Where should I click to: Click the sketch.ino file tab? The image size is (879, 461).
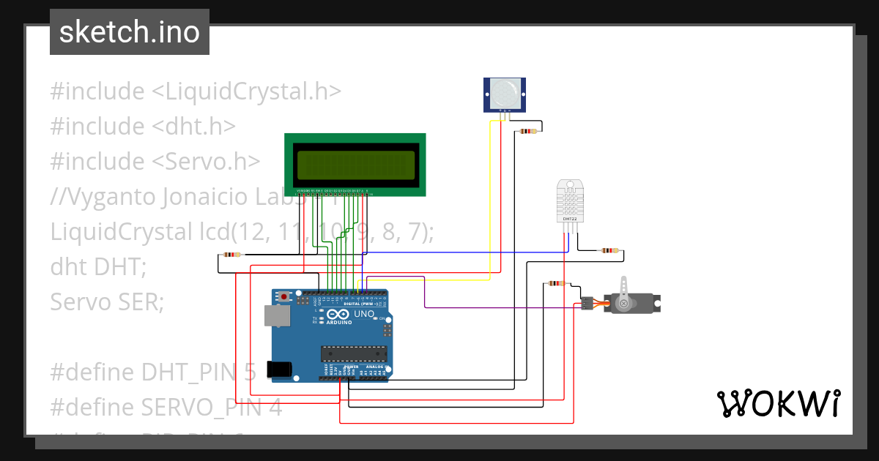coord(129,32)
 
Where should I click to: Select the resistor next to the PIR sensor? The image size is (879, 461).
coord(527,132)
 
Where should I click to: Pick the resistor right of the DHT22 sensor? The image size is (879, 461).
coord(608,250)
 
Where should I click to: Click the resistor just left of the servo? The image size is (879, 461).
coord(556,284)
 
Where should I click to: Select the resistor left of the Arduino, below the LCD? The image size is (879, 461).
coord(231,255)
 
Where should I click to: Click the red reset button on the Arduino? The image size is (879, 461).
coord(283,297)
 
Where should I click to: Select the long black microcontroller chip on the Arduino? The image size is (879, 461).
coord(353,353)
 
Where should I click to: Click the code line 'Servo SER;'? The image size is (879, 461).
coord(107,301)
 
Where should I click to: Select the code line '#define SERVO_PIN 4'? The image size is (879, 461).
coord(166,407)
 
